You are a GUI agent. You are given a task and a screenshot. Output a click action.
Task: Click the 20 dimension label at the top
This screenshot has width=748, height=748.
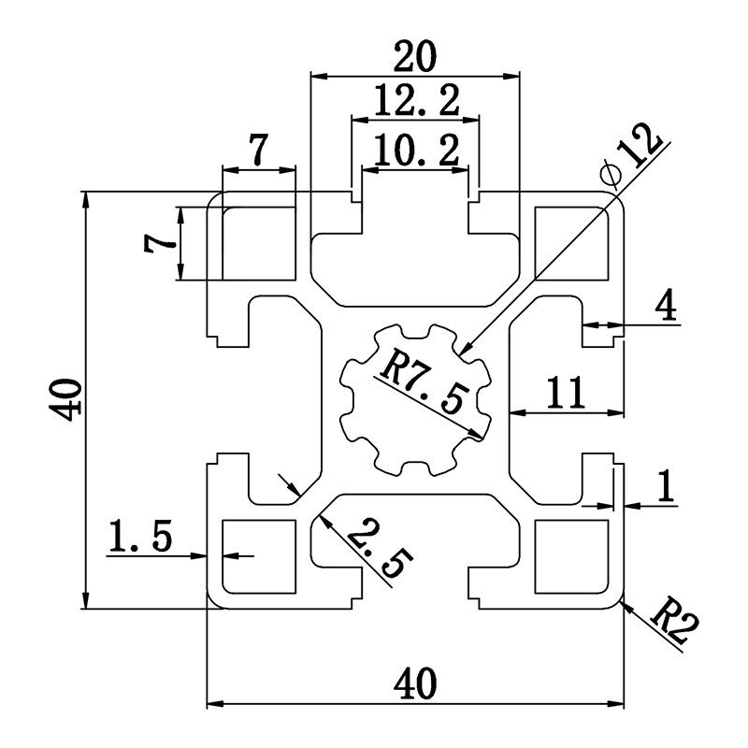[x=415, y=58]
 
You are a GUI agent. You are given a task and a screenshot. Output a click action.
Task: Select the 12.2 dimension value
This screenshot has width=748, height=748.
[x=415, y=101]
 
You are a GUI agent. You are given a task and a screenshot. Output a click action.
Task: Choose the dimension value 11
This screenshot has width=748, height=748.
[x=567, y=393]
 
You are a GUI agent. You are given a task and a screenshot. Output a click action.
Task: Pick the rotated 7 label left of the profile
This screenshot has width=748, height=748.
[x=159, y=244]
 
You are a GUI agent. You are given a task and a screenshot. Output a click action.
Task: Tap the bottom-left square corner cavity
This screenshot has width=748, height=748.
[x=259, y=558]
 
